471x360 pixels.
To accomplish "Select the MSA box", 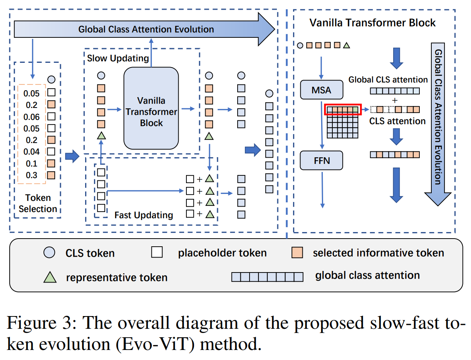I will (321, 90).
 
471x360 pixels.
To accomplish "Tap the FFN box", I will (321, 160).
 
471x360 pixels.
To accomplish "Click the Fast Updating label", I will (144, 215).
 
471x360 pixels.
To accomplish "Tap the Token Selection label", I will (38, 203).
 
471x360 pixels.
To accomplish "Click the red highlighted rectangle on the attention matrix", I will (343, 110).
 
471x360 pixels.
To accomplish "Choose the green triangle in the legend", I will (51, 277).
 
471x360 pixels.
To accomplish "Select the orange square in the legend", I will (297, 253).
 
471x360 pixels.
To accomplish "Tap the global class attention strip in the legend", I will (267, 277).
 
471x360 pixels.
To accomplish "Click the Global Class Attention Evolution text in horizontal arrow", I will (146, 29).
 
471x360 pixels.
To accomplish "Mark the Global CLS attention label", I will (388, 80).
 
